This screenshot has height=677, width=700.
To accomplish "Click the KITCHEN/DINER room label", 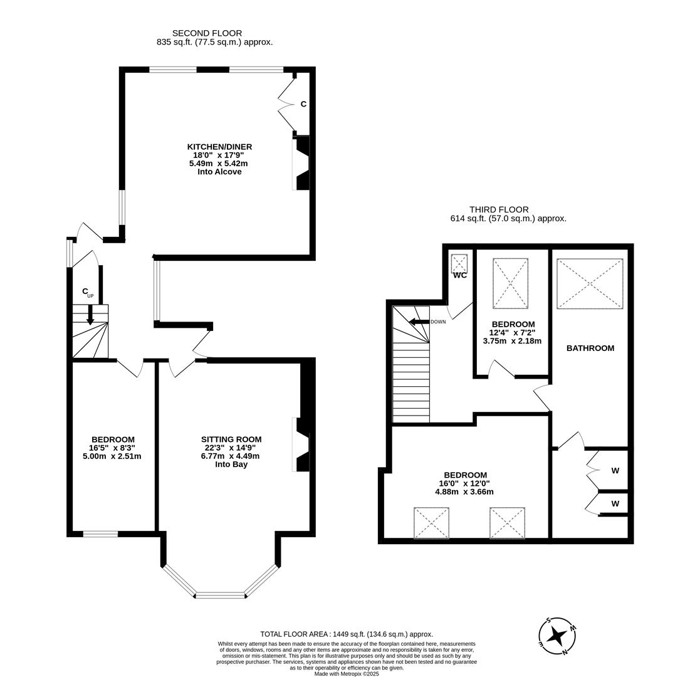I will (219, 147).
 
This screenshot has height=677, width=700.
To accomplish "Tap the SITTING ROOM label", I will (231, 439).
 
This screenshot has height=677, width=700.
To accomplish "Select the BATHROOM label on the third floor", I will (590, 348).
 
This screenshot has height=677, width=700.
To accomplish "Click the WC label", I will (460, 275).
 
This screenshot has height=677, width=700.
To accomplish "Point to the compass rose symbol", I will (556, 636).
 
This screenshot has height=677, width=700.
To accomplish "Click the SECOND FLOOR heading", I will (207, 33).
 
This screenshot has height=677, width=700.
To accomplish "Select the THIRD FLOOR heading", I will (499, 210).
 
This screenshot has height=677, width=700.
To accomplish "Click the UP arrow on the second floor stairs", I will (90, 313).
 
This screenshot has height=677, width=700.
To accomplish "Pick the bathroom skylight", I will (590, 283).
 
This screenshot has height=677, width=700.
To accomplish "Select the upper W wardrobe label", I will (615, 470).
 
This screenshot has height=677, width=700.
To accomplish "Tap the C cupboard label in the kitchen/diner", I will (303, 104).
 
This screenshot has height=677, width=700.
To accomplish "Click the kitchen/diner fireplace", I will (301, 163).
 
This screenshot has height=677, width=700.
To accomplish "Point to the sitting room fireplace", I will (301, 444).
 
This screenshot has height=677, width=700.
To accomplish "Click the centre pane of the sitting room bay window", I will (221, 594).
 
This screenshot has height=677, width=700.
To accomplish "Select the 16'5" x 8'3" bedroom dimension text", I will (112, 448).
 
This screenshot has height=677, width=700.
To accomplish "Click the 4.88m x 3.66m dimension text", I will (464, 492).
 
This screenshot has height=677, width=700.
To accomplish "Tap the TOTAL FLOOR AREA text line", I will (347, 634).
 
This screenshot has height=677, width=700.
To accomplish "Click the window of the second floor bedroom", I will (100, 534).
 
